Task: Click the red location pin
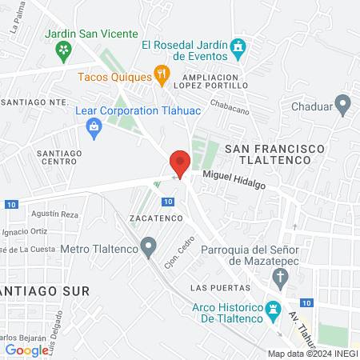click(180, 162)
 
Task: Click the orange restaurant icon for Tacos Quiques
click(162, 77)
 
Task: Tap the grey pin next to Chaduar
click(343, 104)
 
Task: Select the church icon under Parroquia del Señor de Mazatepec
click(279, 278)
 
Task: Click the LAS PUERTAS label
click(215, 287)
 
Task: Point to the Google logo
click(26, 350)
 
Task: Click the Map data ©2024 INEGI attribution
click(313, 354)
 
